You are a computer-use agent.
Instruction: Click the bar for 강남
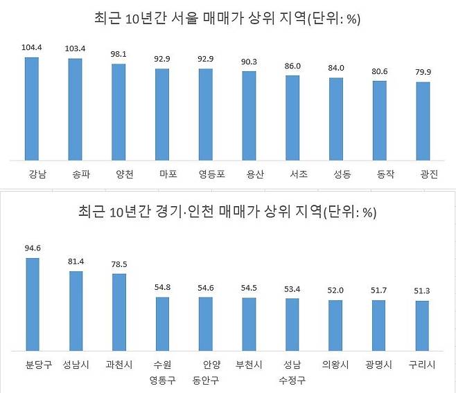(x=33, y=108)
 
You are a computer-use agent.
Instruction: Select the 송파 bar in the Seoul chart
(x=76, y=109)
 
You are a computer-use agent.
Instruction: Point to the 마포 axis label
(x=163, y=174)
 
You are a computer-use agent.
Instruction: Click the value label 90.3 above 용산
(x=249, y=62)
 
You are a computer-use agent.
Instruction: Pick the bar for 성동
(x=336, y=118)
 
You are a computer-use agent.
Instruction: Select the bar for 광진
(x=423, y=120)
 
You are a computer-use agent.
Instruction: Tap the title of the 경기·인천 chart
(x=228, y=212)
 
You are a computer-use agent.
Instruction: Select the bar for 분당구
(x=33, y=305)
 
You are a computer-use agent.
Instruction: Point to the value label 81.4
(x=76, y=261)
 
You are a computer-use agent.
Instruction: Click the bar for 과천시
(x=119, y=313)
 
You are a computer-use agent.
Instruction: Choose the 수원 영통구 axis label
(x=163, y=372)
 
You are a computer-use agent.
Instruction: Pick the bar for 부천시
(x=249, y=325)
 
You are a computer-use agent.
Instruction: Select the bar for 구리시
(x=423, y=327)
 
